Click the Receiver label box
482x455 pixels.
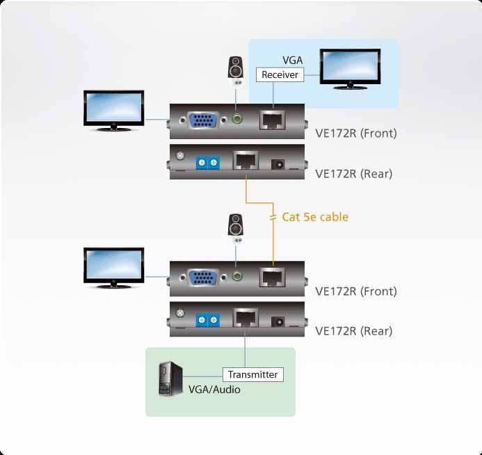280,74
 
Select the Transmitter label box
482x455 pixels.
252,374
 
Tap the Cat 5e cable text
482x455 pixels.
314,217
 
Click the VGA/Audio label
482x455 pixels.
214,390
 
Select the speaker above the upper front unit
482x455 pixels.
237,70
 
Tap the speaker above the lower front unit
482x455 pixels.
237,227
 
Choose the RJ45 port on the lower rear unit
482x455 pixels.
245,320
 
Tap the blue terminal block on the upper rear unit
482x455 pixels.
207,163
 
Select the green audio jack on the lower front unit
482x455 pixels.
239,277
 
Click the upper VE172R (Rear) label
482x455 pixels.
353,174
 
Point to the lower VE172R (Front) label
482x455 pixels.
355,292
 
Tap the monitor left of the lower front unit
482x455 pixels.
113,267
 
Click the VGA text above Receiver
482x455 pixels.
293,61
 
